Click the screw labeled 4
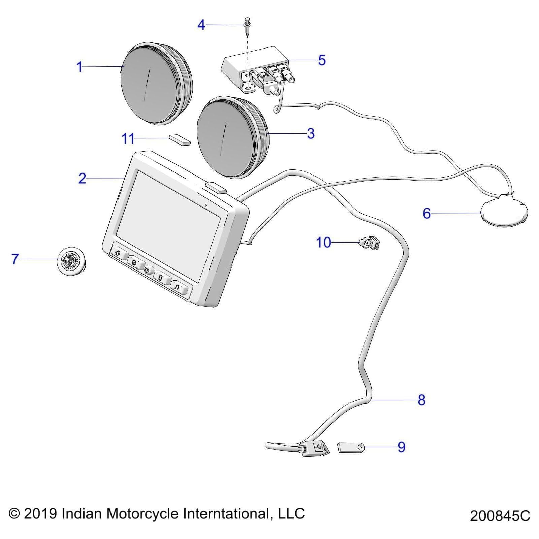tap(247, 27)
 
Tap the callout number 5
tap(322, 60)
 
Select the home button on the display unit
tap(118, 253)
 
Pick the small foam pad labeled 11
tap(180, 139)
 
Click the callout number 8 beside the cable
tap(421, 400)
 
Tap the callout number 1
tap(80, 67)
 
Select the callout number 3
tap(311, 134)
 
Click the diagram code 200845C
tap(500, 516)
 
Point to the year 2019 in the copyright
tap(40, 513)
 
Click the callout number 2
tap(82, 179)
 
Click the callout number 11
tap(128, 139)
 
